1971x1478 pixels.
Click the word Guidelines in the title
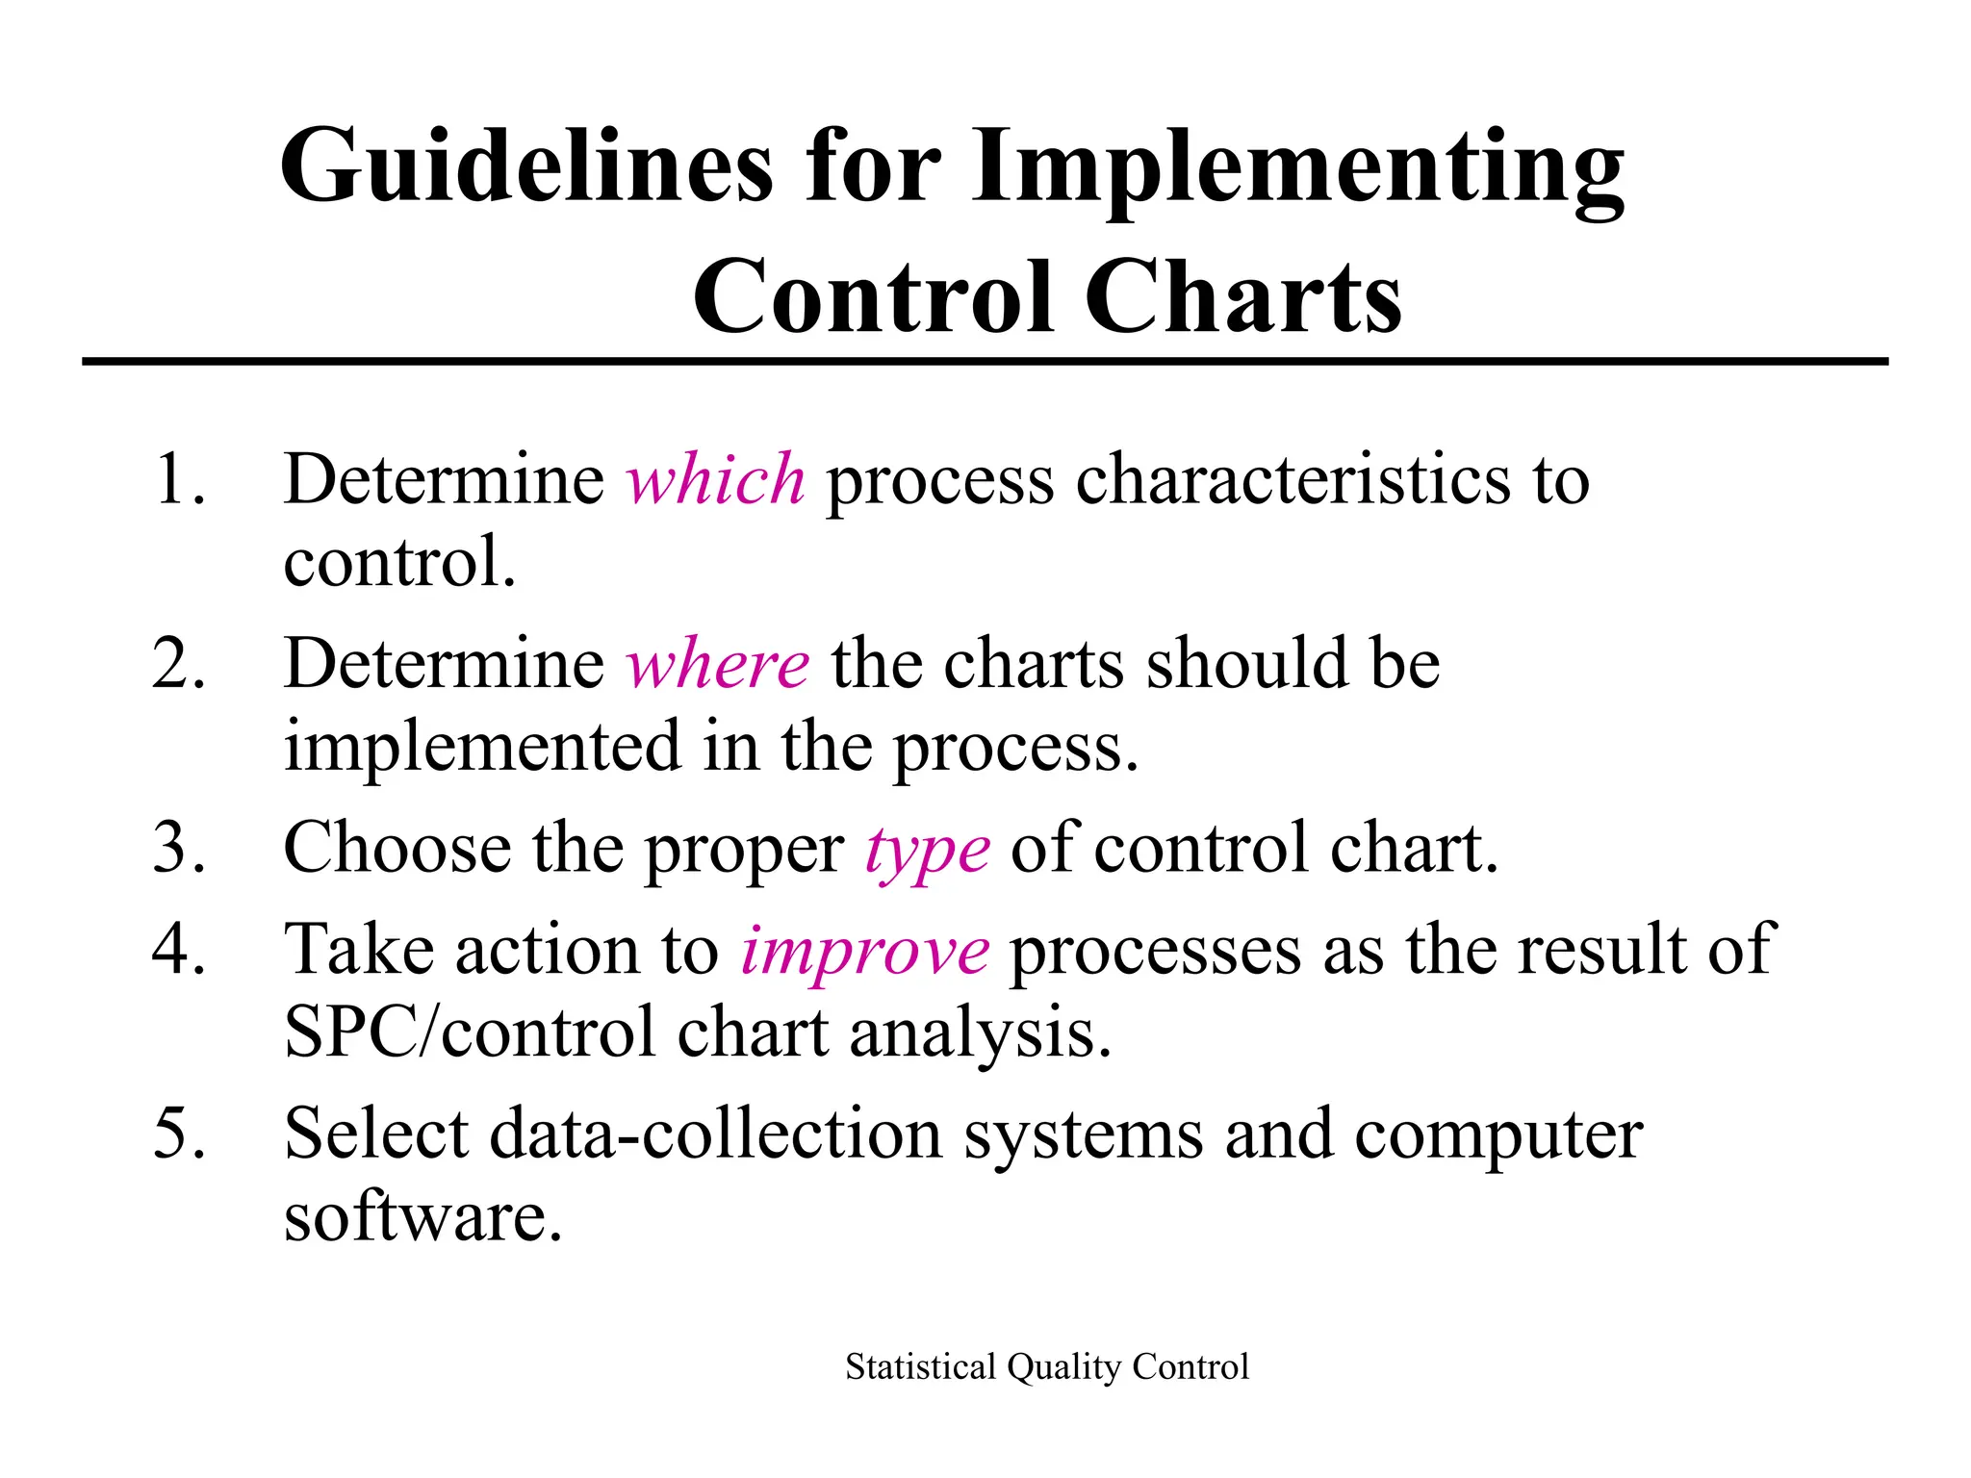525,166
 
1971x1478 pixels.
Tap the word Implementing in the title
1297,166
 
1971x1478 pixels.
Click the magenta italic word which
715,479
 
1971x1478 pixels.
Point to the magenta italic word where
718,664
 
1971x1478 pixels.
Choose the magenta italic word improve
864,950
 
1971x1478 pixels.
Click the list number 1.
179,479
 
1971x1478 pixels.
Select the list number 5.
179,1134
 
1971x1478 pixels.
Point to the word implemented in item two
482,747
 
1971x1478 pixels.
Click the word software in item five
422,1216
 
